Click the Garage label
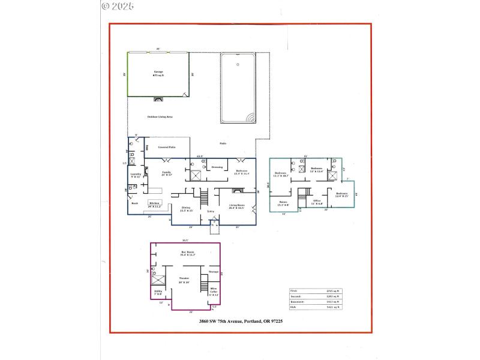(x=158, y=72)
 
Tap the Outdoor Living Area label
(x=160, y=116)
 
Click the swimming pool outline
(x=239, y=88)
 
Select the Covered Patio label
(x=166, y=147)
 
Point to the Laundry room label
(x=136, y=175)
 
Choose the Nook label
(x=134, y=203)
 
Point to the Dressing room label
(x=217, y=167)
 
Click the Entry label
(x=211, y=211)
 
